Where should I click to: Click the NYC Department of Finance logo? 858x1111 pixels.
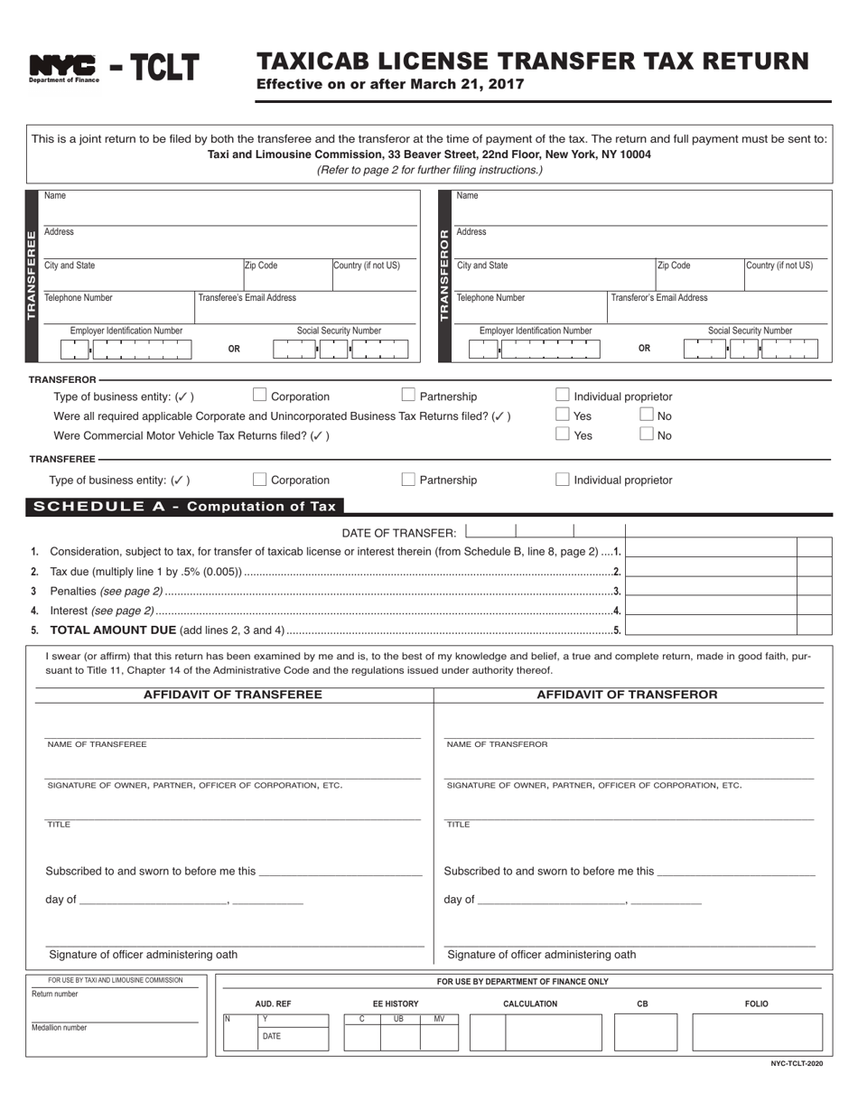click(x=63, y=68)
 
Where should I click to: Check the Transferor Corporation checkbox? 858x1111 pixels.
click(x=260, y=395)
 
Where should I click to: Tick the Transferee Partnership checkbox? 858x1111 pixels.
click(x=408, y=479)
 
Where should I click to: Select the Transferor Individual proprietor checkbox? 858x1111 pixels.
click(x=563, y=395)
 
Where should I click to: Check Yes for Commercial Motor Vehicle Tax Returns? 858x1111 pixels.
click(x=563, y=434)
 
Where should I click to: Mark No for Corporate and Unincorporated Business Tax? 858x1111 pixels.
click(x=647, y=415)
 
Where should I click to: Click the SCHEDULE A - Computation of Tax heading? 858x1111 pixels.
click(x=184, y=507)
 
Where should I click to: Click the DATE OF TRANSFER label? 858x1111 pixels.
click(x=399, y=533)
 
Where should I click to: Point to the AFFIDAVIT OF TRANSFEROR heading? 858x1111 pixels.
click(x=627, y=695)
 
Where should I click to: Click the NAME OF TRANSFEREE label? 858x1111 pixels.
click(x=97, y=744)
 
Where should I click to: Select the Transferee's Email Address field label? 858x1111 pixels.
click(x=247, y=297)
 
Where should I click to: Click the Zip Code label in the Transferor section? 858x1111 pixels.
click(x=674, y=266)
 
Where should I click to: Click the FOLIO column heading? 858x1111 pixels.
click(x=757, y=1004)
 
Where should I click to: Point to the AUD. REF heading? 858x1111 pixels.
click(x=273, y=1004)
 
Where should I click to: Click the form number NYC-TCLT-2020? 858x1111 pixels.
click(x=797, y=1064)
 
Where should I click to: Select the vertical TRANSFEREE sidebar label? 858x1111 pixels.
click(x=33, y=275)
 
